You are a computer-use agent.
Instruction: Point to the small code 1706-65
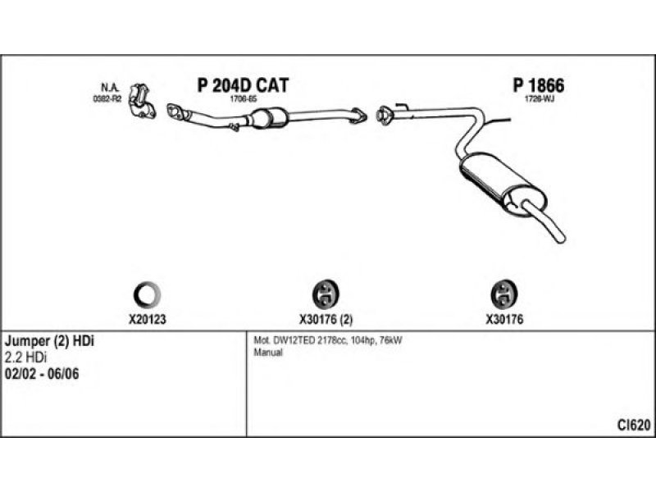tap(245, 98)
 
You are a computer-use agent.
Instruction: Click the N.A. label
tap(109, 88)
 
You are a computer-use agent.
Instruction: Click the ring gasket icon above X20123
tap(147, 293)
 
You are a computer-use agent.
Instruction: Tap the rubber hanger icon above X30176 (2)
tap(327, 293)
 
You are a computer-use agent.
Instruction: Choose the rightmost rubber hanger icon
tap(502, 293)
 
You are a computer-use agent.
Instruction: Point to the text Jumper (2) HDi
tap(50, 340)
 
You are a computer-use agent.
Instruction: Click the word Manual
tap(267, 353)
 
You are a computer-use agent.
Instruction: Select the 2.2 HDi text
tap(25, 357)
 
